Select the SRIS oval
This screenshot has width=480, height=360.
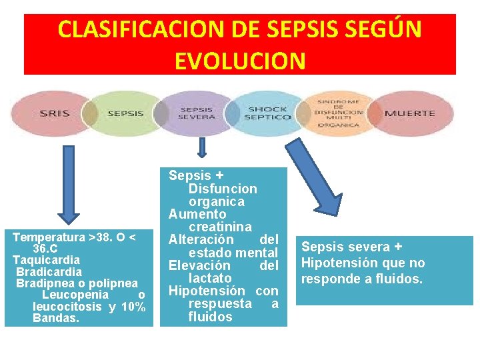[x=53, y=113]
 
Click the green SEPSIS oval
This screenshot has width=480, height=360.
[x=125, y=113]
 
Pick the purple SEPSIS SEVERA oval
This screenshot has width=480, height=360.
[x=197, y=113]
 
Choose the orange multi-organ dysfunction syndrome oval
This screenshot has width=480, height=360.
[x=339, y=113]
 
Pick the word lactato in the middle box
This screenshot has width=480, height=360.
[x=210, y=277]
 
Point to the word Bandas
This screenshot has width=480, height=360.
[x=55, y=319]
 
